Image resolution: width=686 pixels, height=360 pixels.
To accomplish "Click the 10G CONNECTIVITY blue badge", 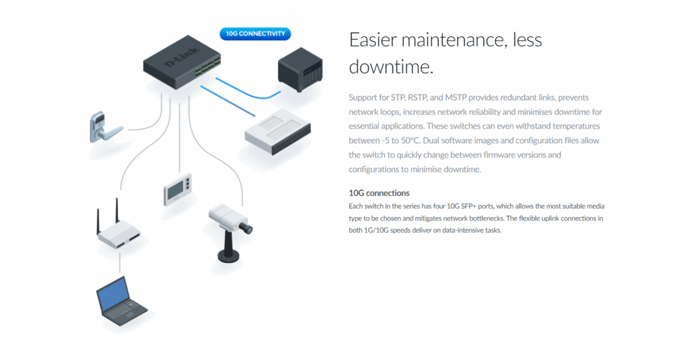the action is [255, 34].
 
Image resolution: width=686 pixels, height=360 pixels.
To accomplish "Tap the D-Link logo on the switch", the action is [182, 57].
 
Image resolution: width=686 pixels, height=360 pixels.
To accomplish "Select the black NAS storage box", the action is [300, 70].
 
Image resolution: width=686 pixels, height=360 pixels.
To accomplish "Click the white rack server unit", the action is [278, 132].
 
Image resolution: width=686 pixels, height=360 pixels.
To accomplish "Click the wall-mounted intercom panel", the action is [178, 189].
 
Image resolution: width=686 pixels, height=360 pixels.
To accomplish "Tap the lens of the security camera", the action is [248, 229].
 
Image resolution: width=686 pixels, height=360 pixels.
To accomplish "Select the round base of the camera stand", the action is [228, 256].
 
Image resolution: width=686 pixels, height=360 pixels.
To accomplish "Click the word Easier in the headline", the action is [372, 40].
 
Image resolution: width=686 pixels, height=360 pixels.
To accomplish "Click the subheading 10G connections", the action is [379, 193].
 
